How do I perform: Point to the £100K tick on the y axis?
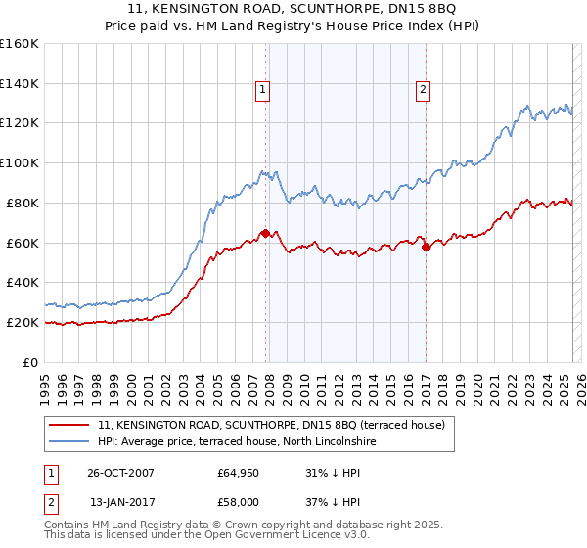(x=20, y=162)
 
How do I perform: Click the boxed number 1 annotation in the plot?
(x=264, y=91)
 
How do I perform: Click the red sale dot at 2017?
(x=426, y=247)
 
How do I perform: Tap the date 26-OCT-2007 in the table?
(x=120, y=473)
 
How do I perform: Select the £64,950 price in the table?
(x=239, y=473)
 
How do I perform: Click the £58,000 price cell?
(x=239, y=502)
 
